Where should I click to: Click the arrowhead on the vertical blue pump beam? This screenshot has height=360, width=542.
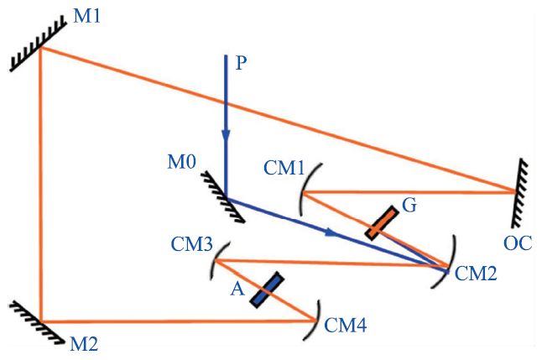tap(226, 134)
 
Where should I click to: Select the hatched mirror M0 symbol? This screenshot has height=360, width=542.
tap(229, 200)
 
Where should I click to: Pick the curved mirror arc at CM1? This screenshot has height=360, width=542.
tap(305, 191)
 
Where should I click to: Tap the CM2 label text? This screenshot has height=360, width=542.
tap(475, 273)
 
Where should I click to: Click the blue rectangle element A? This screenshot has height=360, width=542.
tap(266, 290)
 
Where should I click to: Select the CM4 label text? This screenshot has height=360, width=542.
tap(346, 321)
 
